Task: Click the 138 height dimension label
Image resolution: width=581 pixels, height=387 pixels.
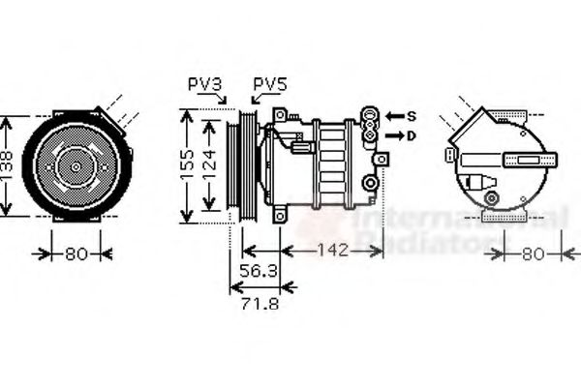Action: click(9, 167)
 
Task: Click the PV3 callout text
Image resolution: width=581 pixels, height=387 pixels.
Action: click(205, 85)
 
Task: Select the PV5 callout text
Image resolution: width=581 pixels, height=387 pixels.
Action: click(270, 85)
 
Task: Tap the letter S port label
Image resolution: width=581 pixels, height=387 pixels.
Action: click(411, 116)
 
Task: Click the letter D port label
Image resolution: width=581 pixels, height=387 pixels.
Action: click(411, 135)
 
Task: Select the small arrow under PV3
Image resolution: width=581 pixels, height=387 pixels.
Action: click(223, 99)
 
